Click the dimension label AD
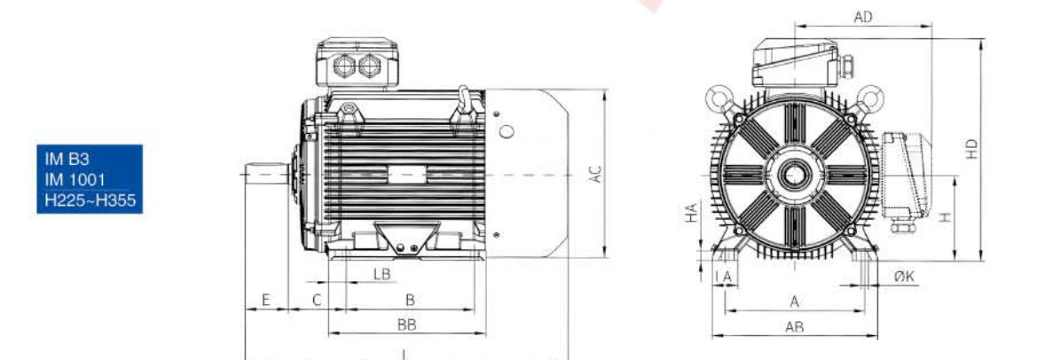click(x=863, y=18)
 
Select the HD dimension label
click(x=972, y=148)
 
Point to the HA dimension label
click(x=692, y=213)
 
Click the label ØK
click(x=904, y=276)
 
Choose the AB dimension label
click(x=794, y=326)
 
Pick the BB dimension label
click(x=406, y=325)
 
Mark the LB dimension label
click(x=381, y=273)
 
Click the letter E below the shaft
click(x=265, y=300)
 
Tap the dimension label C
click(x=317, y=300)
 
